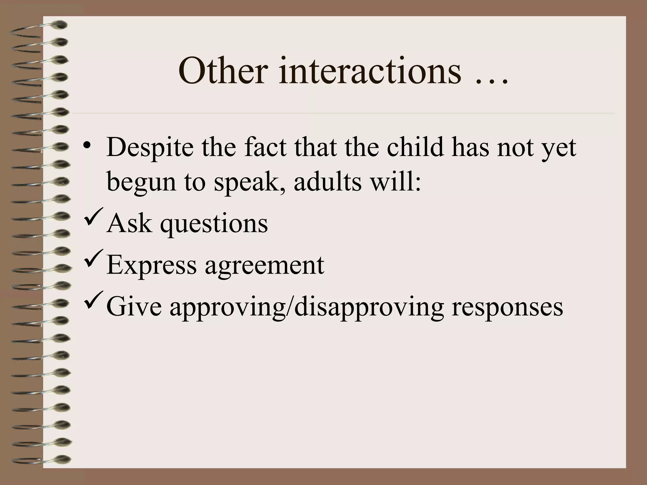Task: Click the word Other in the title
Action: [x=221, y=71]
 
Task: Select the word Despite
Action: [x=150, y=148]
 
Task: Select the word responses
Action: [x=507, y=308]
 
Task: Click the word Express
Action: [x=152, y=265]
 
